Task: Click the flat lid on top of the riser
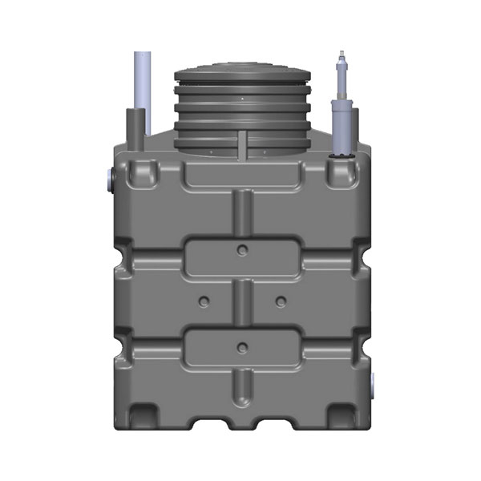[240, 75]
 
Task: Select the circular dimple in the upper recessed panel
[240, 250]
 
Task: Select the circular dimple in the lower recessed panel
[240, 346]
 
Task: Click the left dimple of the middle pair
[203, 301]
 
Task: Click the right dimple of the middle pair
[280, 301]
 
